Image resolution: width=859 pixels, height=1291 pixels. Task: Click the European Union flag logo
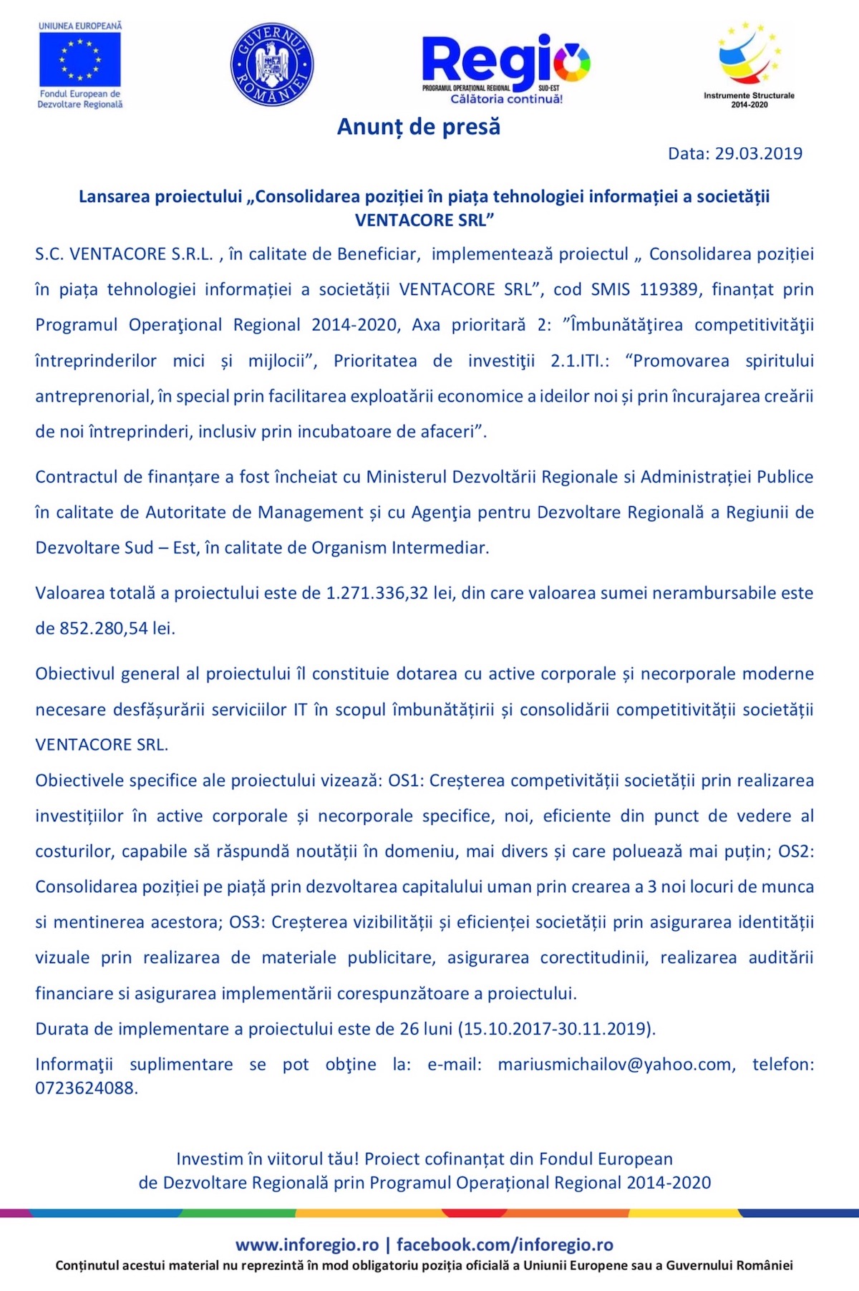(x=80, y=59)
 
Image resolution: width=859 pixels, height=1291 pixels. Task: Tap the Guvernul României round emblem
(x=271, y=64)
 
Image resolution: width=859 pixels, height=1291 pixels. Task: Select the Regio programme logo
(x=506, y=68)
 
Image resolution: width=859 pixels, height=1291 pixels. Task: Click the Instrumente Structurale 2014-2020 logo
(x=749, y=64)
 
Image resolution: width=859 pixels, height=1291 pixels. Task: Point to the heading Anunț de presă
(x=419, y=127)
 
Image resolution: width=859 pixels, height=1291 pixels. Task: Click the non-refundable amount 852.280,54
(x=103, y=629)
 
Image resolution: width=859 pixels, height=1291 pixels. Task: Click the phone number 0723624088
(x=85, y=1088)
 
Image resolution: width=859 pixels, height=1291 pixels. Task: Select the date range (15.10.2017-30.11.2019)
(x=558, y=1029)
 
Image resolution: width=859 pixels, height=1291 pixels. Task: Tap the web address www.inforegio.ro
(x=307, y=1244)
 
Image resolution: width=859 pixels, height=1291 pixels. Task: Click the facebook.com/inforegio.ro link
(x=505, y=1244)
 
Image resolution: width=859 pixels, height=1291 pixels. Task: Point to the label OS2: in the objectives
(x=795, y=851)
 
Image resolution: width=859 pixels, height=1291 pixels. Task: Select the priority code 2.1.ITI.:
(x=580, y=361)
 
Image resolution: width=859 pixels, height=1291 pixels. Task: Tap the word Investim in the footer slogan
(x=210, y=1159)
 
